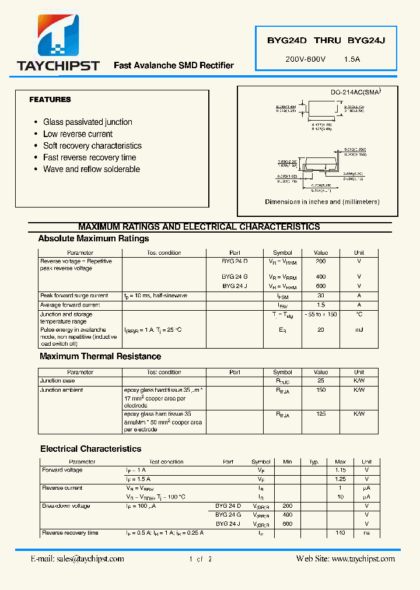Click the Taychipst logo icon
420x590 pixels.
(58, 35)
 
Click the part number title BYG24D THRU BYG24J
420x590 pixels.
(326, 41)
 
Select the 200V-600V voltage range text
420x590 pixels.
(305, 59)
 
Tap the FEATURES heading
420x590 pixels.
(50, 100)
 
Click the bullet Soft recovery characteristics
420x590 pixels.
(92, 146)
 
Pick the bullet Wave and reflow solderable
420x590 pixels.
(92, 169)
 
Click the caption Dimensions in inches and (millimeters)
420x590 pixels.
(322, 202)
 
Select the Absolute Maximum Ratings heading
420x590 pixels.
(93, 238)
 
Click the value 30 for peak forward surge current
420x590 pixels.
(321, 296)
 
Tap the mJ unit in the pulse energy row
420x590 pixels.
(359, 330)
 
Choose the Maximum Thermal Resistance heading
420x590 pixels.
(100, 356)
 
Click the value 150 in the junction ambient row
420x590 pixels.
(321, 390)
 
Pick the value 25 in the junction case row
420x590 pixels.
(321, 381)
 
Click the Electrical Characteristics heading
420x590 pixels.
(90, 449)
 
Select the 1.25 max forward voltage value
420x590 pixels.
(340, 479)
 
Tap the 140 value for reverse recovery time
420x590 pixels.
(340, 533)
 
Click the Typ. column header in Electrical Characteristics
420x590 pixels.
(314, 462)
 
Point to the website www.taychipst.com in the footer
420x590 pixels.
(362, 559)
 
